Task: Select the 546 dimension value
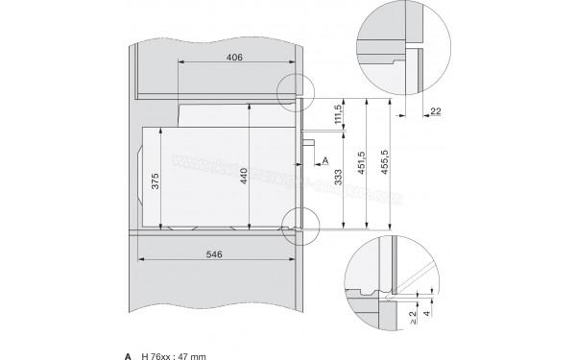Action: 214,255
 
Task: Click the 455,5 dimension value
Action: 386,164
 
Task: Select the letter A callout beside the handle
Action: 325,159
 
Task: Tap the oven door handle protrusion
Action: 309,141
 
